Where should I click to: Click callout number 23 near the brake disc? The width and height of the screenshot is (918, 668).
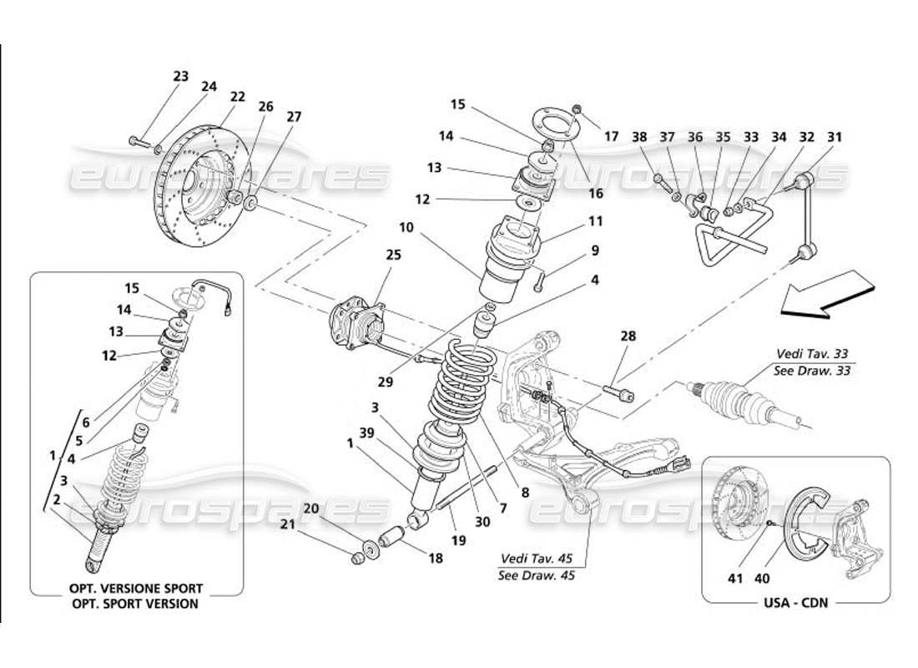pos(181,76)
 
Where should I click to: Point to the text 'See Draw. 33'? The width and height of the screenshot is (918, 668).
pos(813,371)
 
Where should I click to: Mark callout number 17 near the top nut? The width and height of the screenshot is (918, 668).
pos(612,135)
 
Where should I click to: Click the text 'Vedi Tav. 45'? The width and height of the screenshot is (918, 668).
pos(537,559)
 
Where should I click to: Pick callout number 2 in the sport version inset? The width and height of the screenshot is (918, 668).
pos(56,500)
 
